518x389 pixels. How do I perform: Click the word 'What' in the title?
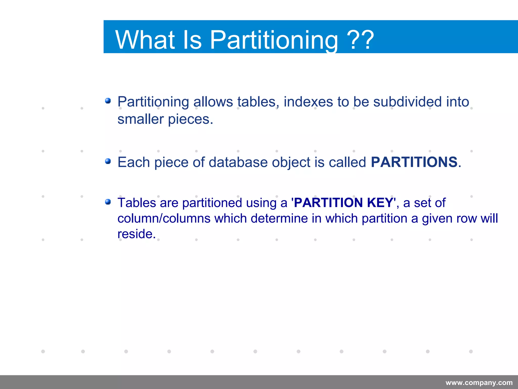click(145, 40)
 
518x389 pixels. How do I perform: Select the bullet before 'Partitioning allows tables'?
click(108, 101)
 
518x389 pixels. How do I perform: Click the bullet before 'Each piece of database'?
click(108, 161)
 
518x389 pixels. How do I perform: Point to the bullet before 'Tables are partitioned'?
click(108, 202)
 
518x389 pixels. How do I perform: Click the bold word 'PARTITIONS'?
click(414, 162)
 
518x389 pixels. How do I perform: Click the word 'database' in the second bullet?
click(238, 162)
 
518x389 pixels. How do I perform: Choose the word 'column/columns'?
click(164, 218)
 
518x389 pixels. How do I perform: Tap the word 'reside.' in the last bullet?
click(137, 234)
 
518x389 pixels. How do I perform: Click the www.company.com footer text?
click(479, 383)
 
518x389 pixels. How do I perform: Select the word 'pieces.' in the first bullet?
click(190, 120)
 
